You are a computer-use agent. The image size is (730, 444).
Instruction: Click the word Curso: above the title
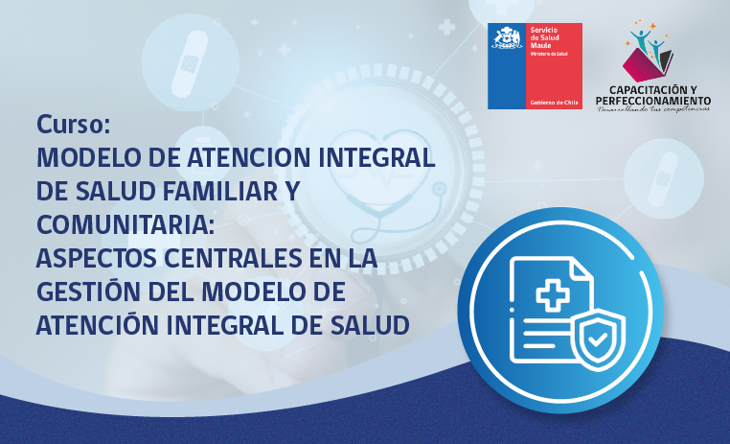click(x=75, y=125)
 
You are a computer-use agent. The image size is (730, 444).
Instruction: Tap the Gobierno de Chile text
click(x=554, y=102)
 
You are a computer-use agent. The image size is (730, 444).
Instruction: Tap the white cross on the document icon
click(x=552, y=294)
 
